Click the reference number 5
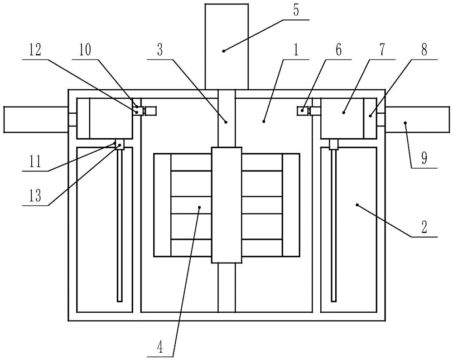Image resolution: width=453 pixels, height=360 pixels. click(x=296, y=11)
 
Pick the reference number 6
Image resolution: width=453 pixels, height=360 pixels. click(x=339, y=50)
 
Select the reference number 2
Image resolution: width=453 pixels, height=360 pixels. click(x=424, y=229)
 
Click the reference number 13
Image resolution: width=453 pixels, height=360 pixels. click(x=35, y=196)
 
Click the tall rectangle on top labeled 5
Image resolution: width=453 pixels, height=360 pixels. click(x=226, y=45)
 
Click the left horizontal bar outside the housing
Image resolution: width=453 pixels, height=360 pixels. click(x=34, y=119)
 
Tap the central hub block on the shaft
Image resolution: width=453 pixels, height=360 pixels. click(x=226, y=204)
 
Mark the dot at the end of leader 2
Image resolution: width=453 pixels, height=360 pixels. click(x=357, y=205)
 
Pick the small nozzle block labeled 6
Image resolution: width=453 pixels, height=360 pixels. click(x=302, y=110)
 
